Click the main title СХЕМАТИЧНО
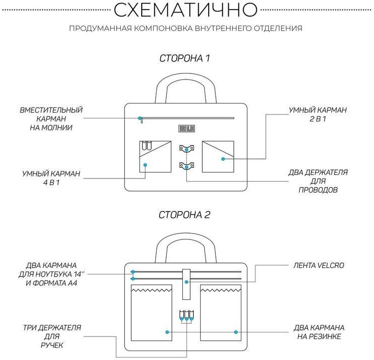coord(186,9)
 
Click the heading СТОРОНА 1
coord(184,58)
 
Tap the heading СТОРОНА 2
coord(184,215)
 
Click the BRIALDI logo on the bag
coord(186,128)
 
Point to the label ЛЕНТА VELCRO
coord(318,265)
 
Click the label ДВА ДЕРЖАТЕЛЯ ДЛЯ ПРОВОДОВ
coord(318,181)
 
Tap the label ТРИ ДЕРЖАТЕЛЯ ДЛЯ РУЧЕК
coord(52,336)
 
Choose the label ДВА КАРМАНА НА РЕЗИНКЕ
coord(318,332)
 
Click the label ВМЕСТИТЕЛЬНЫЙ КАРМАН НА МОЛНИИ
coord(51,118)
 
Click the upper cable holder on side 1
coord(186,148)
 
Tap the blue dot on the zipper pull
coord(140,118)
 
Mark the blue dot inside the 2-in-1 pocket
coord(223,159)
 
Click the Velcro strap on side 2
coord(186,278)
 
